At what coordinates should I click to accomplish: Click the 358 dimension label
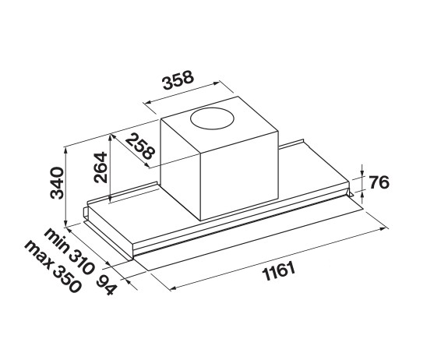[178, 80]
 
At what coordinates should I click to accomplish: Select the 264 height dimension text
[101, 168]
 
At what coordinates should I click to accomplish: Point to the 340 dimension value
[57, 183]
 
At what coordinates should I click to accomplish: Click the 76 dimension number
[379, 182]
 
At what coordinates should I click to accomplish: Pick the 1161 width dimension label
[279, 271]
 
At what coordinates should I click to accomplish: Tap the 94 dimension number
[106, 284]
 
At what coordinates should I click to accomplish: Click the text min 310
[69, 251]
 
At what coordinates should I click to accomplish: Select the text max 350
[53, 267]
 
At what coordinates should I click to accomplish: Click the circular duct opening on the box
[212, 119]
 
